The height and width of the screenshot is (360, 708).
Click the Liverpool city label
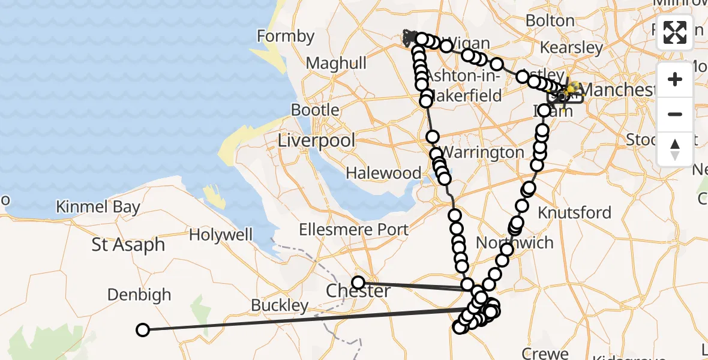pyautogui.click(x=316, y=141)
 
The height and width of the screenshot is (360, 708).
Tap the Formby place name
pyautogui.click(x=286, y=37)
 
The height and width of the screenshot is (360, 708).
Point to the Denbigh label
pyautogui.click(x=139, y=295)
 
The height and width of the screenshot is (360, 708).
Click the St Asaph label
pyautogui.click(x=128, y=245)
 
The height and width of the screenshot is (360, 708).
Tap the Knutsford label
pyautogui.click(x=574, y=213)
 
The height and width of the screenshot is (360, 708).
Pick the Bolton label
pyautogui.click(x=550, y=21)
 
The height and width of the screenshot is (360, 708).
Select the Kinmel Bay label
pyautogui.click(x=98, y=208)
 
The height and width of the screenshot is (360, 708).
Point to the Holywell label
pyautogui.click(x=221, y=235)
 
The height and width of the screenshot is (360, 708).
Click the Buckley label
pyautogui.click(x=280, y=305)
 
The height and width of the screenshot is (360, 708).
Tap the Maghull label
pyautogui.click(x=336, y=63)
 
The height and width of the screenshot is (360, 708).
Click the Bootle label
pyautogui.click(x=315, y=110)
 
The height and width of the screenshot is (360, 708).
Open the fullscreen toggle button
pyautogui.click(x=675, y=32)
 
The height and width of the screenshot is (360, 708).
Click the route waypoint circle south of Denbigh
pyautogui.click(x=143, y=329)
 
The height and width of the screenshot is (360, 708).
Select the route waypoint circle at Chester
pyautogui.click(x=358, y=282)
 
